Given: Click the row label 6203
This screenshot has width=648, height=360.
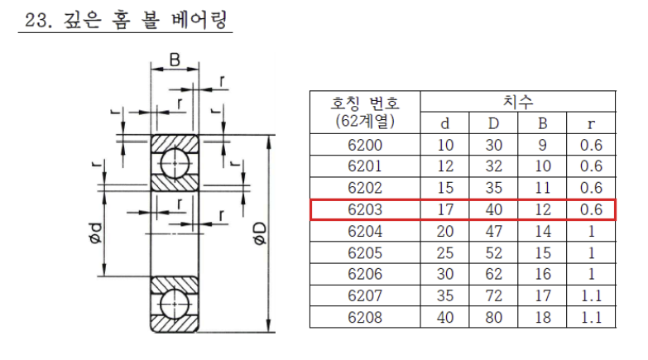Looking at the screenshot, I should pos(364,210).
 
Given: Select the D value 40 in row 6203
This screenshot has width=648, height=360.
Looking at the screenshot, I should pos(493,210).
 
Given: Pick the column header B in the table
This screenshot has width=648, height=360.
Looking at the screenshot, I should pos(542,124).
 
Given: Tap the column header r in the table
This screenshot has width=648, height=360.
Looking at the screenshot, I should pos(591,124).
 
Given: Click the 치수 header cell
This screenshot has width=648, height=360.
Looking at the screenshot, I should pos(518,102).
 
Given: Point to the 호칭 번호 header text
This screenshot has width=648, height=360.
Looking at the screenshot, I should pos(365,103).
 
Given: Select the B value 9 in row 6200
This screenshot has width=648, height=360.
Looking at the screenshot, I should pos(542,146).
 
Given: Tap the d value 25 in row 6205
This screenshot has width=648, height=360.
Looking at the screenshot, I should pos(445,253).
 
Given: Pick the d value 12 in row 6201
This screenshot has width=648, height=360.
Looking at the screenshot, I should pos(445,167).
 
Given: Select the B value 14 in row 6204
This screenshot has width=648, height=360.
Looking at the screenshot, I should pos(542,232).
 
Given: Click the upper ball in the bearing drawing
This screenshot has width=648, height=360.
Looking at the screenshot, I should pos(175,163).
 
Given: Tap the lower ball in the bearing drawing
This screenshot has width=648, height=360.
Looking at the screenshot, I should pos(175,304).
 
